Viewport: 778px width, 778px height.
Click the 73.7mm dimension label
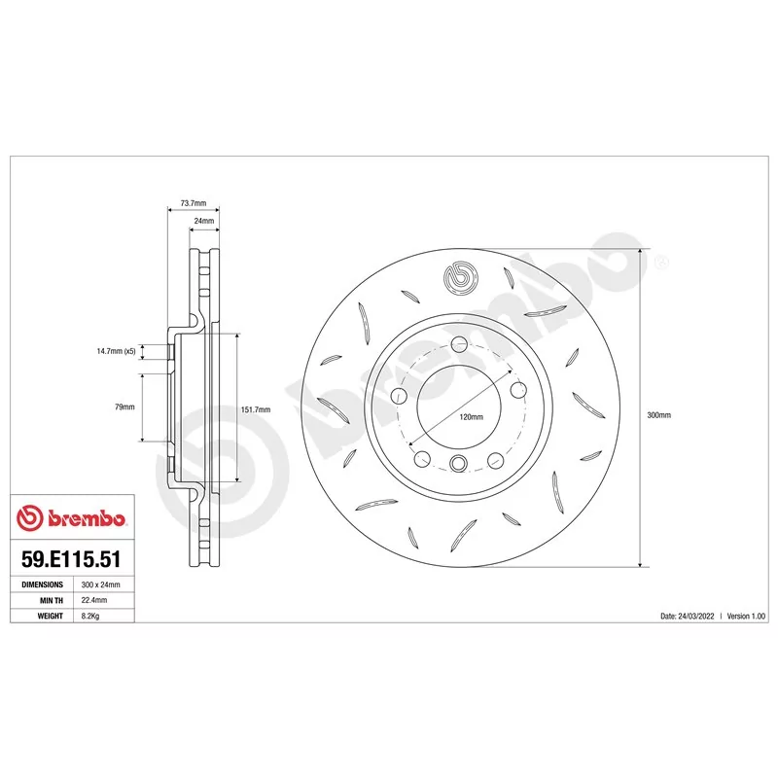click(x=193, y=203)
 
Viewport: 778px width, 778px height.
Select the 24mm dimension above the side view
click(x=204, y=221)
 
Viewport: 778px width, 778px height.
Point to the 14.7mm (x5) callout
click(x=116, y=351)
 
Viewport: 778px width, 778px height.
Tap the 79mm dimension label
click(x=124, y=407)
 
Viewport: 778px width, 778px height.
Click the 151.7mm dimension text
click(x=256, y=409)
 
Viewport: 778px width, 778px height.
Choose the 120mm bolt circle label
click(x=471, y=417)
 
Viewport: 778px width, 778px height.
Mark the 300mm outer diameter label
click(x=659, y=415)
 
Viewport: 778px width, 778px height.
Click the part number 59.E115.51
click(x=71, y=559)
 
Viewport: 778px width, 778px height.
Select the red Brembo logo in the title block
click(x=71, y=518)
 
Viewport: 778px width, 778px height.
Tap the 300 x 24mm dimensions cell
click(x=101, y=584)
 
